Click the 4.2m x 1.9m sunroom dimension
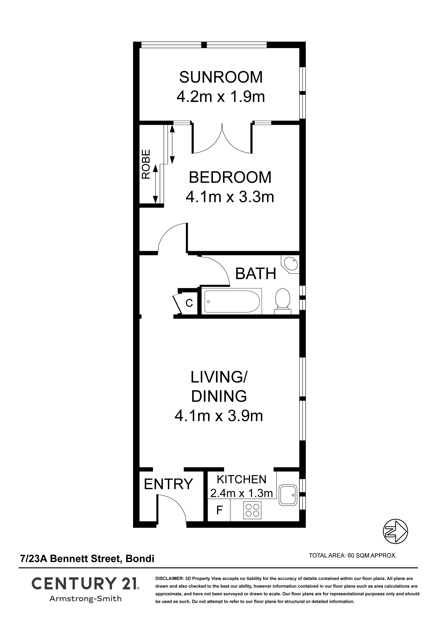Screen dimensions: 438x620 221,97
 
